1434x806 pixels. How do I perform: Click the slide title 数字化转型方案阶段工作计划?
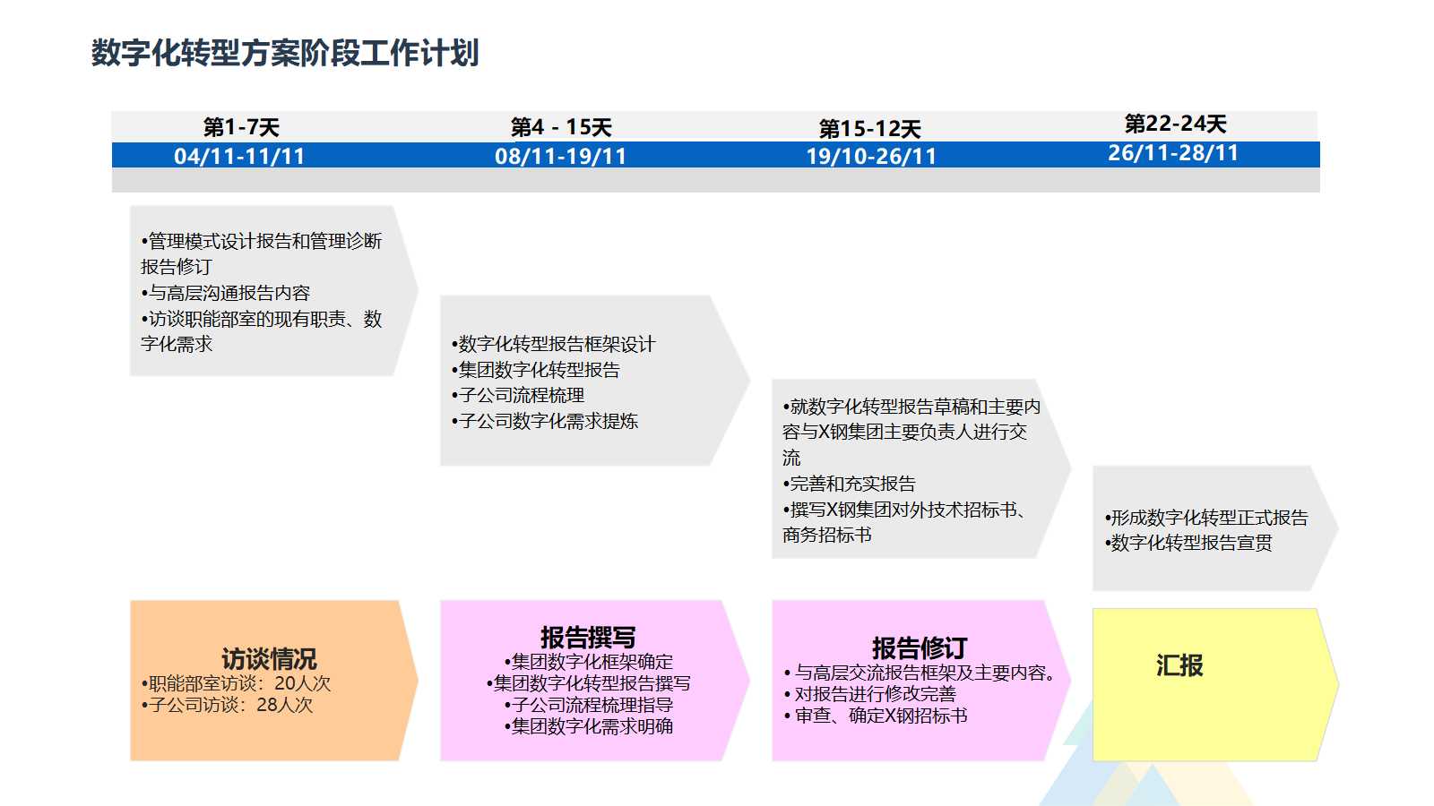(285, 53)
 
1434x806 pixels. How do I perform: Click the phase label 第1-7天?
(241, 127)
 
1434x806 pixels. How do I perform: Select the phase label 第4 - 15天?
(561, 127)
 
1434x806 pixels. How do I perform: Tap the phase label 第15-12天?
(869, 129)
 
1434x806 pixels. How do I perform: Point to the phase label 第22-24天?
(1175, 124)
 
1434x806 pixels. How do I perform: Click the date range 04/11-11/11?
(239, 156)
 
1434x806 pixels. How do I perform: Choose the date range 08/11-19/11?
(560, 156)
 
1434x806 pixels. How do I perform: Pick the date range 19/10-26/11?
(870, 156)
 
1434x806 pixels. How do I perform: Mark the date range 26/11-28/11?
(1173, 153)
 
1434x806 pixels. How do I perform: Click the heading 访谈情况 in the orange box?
(269, 659)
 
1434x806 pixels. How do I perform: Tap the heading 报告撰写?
(588, 638)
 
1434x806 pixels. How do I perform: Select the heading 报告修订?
(920, 647)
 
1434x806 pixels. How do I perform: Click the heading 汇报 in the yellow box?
(1179, 665)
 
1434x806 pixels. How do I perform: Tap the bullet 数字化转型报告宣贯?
(1190, 543)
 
